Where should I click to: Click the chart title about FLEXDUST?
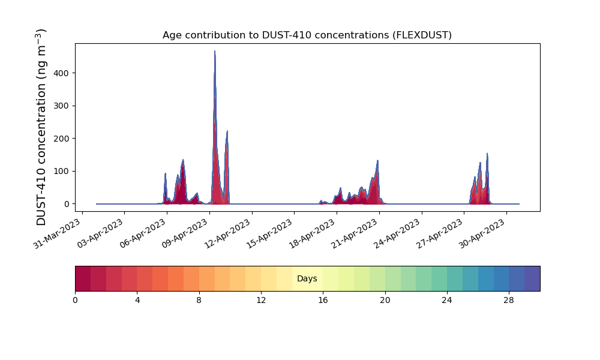[x=307, y=35]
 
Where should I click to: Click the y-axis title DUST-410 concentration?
[x=41, y=127]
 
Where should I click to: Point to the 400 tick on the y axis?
[x=62, y=73]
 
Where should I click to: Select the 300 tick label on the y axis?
[x=62, y=106]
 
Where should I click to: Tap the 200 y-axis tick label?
[x=62, y=139]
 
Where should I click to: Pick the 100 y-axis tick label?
[x=62, y=171]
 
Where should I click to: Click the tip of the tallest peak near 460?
[x=215, y=52]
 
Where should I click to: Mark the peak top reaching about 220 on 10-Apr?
[x=227, y=131]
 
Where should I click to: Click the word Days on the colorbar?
[x=307, y=279]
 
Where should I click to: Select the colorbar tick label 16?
[x=323, y=300]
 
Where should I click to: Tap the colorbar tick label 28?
[x=509, y=300]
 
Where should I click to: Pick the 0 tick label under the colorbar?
[x=75, y=300]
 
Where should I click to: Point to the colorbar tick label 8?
[x=199, y=300]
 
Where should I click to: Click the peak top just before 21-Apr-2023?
[x=377, y=161]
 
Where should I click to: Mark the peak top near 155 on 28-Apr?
[x=487, y=154]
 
